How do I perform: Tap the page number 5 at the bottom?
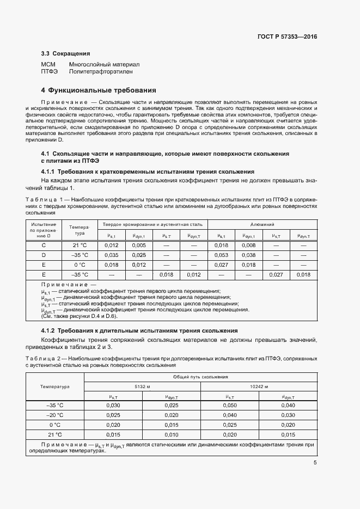coord(315,463)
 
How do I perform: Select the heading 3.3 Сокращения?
coord(65,54)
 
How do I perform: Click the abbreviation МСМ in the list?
coord(48,64)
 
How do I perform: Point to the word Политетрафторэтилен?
coord(100,71)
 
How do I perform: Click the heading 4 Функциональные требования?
coord(99,90)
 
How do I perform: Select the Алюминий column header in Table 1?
coord(262,224)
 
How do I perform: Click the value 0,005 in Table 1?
coord(138,246)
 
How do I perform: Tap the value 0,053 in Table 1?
coord(221,255)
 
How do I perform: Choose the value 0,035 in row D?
coord(111,255)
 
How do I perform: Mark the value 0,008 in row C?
coord(248,246)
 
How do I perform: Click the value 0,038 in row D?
coord(248,255)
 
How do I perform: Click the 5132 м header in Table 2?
coord(142,386)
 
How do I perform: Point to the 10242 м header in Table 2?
coord(258,386)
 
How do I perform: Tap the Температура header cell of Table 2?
coord(55,387)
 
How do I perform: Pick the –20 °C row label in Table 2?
coord(55,415)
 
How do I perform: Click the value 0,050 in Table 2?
coord(230,406)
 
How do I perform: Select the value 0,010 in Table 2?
coord(170,434)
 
